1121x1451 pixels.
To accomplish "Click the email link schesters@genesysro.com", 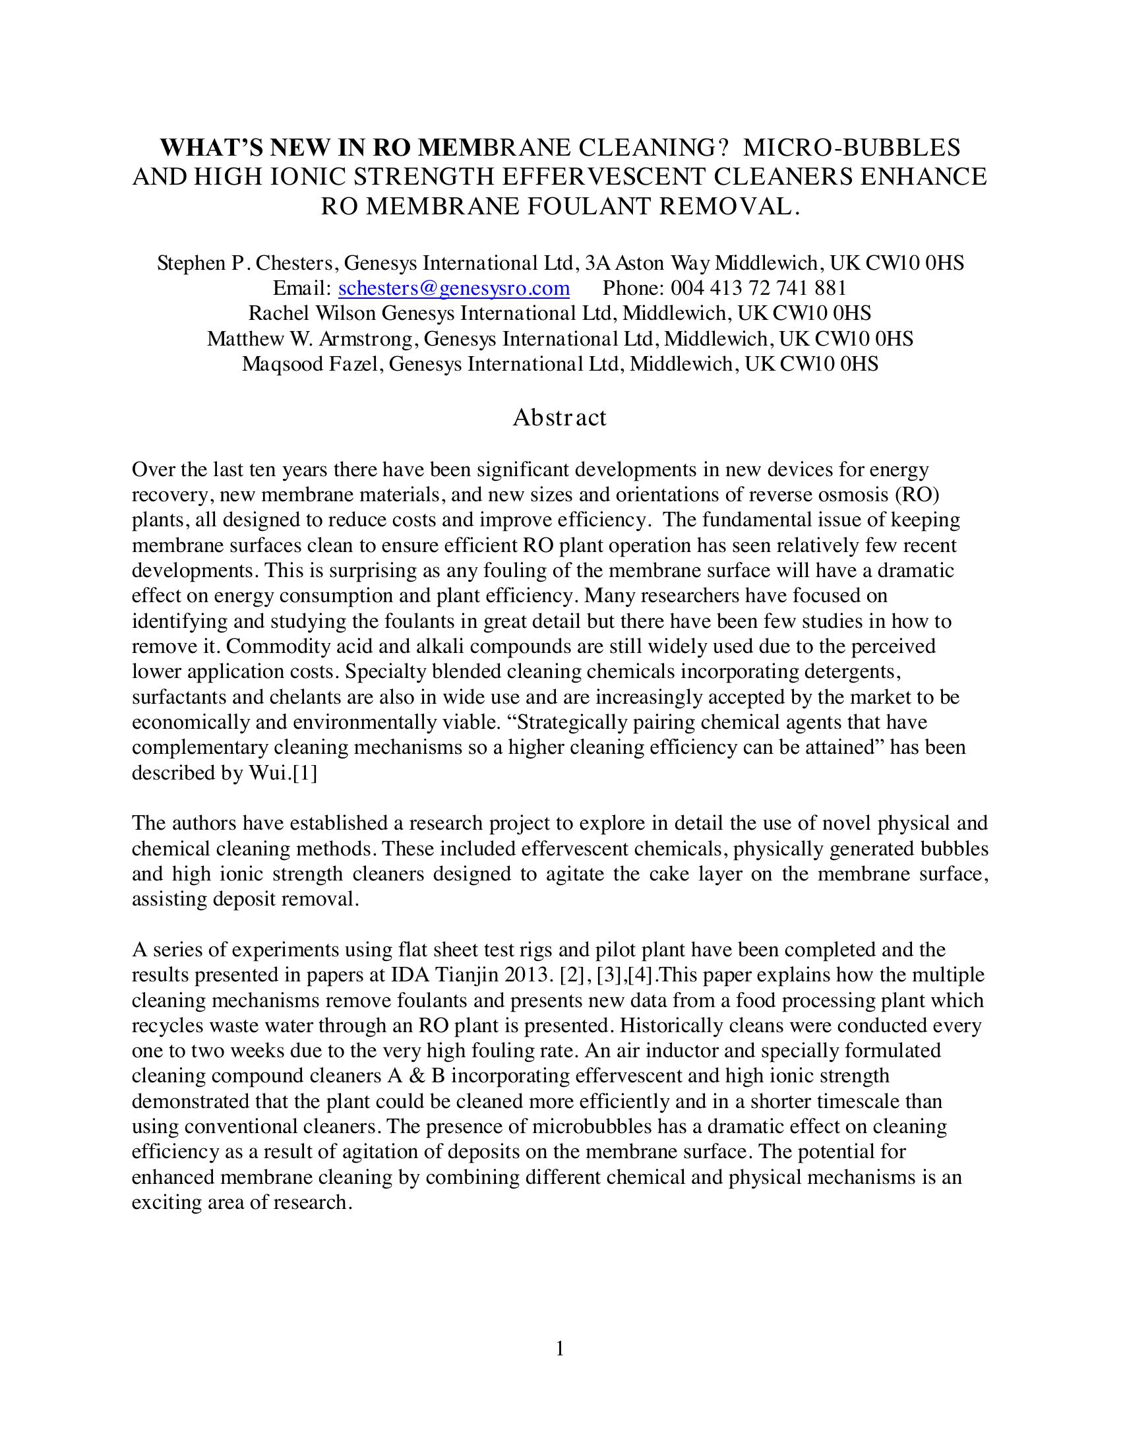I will [x=454, y=288].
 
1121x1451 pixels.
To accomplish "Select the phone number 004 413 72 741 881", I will [x=758, y=288].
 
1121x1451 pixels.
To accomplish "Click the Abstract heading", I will [x=559, y=418].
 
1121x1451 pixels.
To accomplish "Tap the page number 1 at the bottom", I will [x=560, y=1348].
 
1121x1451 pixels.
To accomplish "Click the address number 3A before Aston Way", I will [x=597, y=263].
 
